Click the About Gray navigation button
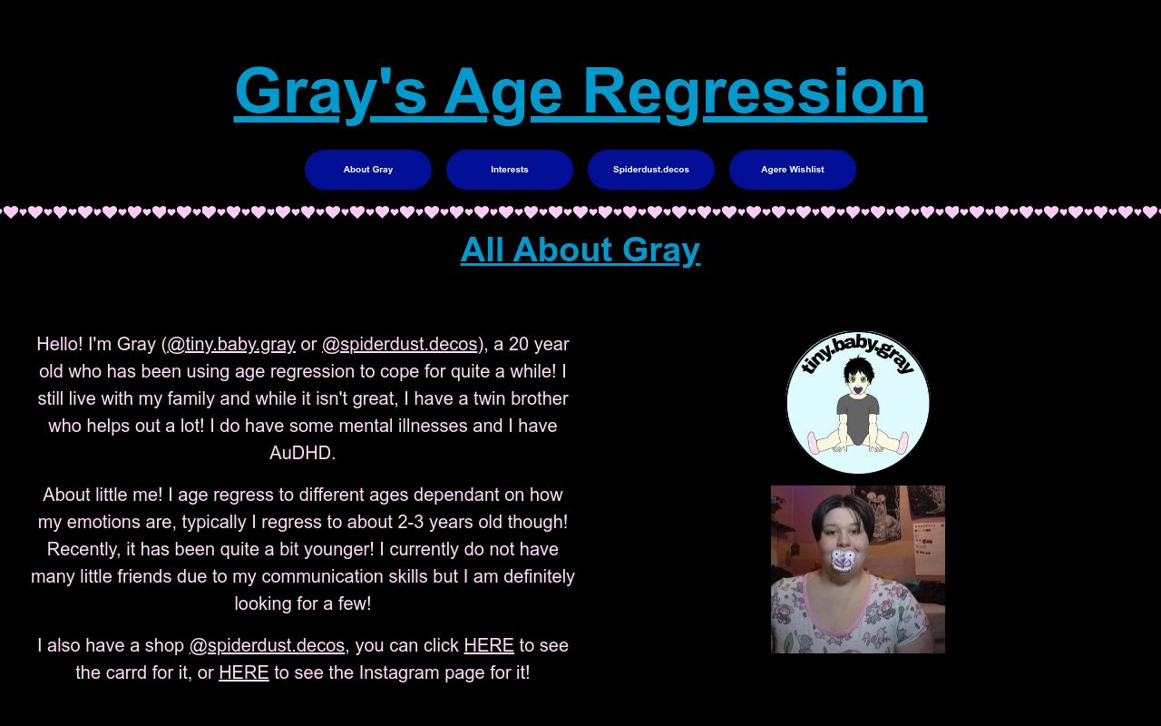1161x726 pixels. (368, 170)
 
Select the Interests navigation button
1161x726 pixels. (510, 170)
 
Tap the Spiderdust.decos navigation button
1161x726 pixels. (651, 170)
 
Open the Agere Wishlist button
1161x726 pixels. (793, 170)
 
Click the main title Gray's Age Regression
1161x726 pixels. (580, 93)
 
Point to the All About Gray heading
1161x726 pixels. (580, 250)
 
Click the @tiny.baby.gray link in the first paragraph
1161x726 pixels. (231, 344)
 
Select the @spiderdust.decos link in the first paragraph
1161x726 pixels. (400, 344)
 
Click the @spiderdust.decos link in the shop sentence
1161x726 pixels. (267, 645)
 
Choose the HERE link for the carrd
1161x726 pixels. (489, 645)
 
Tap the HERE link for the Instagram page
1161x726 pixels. (244, 672)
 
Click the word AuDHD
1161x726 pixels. (303, 453)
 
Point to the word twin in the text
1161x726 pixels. (489, 398)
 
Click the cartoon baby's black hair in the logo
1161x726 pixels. (858, 369)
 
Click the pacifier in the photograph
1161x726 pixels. (844, 561)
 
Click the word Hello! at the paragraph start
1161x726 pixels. (60, 344)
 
